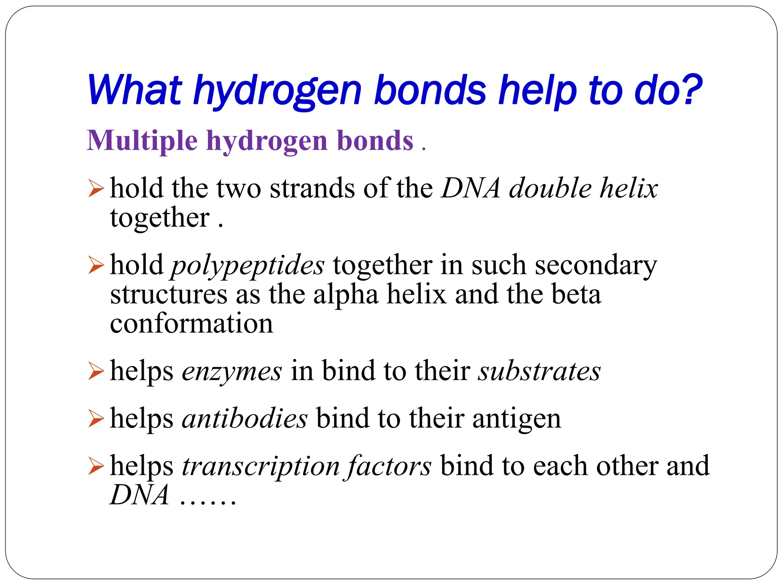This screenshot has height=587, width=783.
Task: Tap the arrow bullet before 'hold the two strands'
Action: click(96, 189)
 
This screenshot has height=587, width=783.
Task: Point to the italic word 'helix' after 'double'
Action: click(629, 188)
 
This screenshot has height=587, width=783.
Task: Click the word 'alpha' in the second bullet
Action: click(346, 295)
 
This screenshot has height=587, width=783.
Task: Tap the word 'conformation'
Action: click(192, 324)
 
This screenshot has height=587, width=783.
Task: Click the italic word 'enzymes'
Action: click(232, 371)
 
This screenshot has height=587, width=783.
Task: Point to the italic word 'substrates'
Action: click(539, 371)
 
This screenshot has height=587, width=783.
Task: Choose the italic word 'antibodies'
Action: click(245, 418)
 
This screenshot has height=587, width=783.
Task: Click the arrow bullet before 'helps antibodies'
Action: click(96, 418)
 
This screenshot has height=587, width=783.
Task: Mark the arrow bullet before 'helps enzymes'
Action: click(96, 371)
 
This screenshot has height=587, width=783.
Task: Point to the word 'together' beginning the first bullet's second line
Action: click(160, 218)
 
